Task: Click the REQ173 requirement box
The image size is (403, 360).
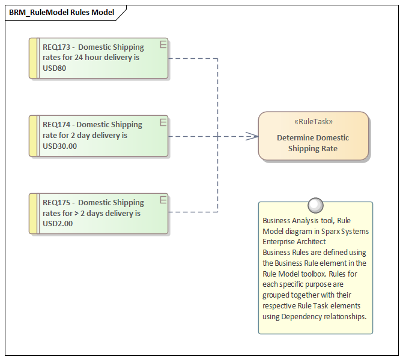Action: pyautogui.click(x=99, y=58)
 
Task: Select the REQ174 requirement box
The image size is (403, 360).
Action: pyautogui.click(x=99, y=136)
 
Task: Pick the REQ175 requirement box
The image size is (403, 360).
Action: pyautogui.click(x=99, y=213)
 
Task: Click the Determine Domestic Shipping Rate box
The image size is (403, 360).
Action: pyautogui.click(x=313, y=143)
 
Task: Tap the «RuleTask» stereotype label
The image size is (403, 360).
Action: pyautogui.click(x=313, y=121)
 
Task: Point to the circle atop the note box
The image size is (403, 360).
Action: pyautogui.click(x=315, y=206)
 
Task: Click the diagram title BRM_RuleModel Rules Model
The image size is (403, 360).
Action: pyautogui.click(x=61, y=12)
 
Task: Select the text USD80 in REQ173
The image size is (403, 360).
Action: pyautogui.click(x=55, y=68)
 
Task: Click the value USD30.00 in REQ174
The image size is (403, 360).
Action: pyautogui.click(x=60, y=146)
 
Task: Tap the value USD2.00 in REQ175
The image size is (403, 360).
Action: pyautogui.click(x=58, y=224)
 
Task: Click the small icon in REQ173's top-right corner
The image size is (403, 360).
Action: pyautogui.click(x=163, y=44)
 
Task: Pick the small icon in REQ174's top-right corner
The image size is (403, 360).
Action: pyautogui.click(x=163, y=122)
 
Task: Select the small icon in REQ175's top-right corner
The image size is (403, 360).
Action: pyautogui.click(x=163, y=200)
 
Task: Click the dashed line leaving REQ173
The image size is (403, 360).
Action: pyautogui.click(x=192, y=58)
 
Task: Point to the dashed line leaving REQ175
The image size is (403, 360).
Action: pyautogui.click(x=192, y=212)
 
